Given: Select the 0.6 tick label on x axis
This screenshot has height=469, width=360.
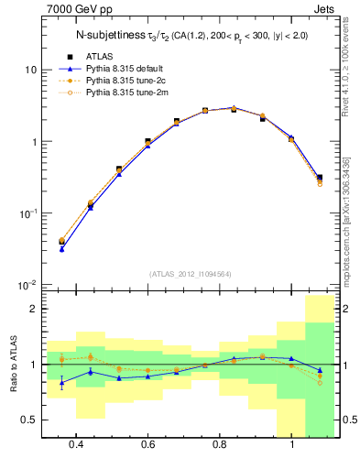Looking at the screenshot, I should tap(148, 444).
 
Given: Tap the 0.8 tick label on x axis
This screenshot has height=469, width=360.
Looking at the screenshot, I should tap(220, 444).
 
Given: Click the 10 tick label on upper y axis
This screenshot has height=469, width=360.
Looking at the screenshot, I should tap(31, 71).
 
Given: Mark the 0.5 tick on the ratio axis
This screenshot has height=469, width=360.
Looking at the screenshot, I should tap(29, 420).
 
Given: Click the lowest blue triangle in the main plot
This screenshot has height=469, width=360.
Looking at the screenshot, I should tap(61, 248).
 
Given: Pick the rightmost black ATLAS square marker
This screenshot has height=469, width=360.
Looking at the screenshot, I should tap(319, 178).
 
